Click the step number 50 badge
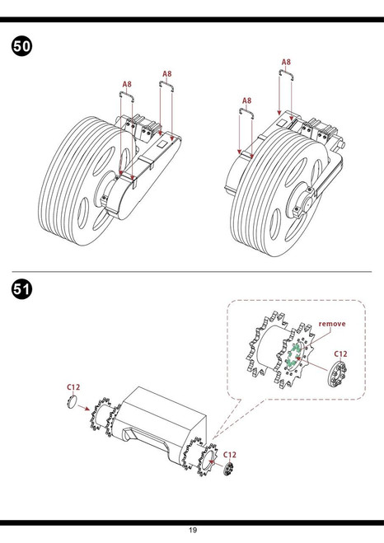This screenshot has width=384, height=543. [x=21, y=46]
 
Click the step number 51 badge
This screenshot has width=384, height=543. [x=21, y=289]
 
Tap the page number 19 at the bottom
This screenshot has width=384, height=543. [x=193, y=530]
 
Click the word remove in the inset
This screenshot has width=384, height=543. [x=332, y=324]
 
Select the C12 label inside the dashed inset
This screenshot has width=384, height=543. [x=340, y=354]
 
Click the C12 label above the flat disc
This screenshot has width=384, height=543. [x=73, y=386]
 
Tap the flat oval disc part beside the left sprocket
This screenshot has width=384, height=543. [x=73, y=402]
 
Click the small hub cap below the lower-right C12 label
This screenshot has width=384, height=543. [x=227, y=469]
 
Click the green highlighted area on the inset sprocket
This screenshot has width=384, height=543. [x=293, y=356]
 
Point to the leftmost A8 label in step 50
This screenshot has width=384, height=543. [x=127, y=84]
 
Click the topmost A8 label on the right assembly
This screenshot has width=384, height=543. [x=286, y=62]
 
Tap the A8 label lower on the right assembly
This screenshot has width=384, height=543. [x=246, y=101]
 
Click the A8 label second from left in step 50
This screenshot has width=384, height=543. [x=167, y=74]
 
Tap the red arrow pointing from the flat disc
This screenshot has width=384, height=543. [x=83, y=408]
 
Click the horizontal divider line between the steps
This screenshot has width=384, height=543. [x=191, y=272]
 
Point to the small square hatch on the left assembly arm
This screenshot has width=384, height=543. [x=162, y=143]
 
